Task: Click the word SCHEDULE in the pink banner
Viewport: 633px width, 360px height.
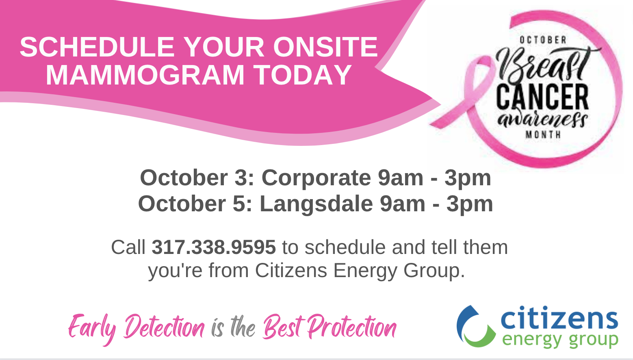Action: [97, 47]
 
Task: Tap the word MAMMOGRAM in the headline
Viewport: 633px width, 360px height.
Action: [145, 75]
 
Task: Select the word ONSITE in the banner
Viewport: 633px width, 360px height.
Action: [325, 47]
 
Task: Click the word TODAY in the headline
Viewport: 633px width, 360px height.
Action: [303, 75]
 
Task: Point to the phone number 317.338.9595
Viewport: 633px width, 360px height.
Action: [214, 247]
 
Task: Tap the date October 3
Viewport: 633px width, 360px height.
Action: [197, 178]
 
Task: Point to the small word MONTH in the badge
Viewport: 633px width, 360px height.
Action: [543, 134]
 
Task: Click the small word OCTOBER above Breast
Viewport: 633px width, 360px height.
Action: [543, 40]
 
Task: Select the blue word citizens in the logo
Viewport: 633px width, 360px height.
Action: [559, 318]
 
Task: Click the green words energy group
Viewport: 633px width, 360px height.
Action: [560, 340]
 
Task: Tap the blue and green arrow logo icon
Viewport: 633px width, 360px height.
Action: [476, 326]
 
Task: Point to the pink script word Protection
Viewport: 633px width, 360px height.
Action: [352, 327]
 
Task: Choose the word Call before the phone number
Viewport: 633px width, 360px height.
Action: [128, 247]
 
